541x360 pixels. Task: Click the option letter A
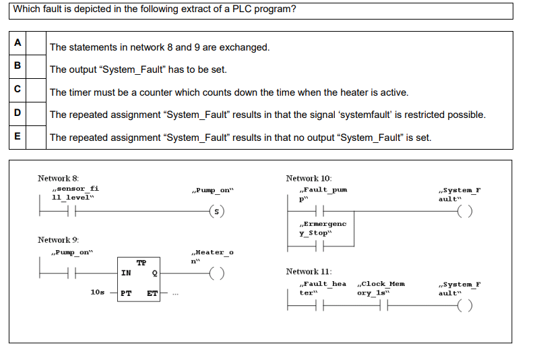tap(18, 42)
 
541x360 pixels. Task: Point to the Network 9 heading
tap(58, 239)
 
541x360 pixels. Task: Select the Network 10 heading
tap(309, 178)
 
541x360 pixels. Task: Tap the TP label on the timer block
tap(141, 263)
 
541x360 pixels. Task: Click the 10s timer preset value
tap(97, 293)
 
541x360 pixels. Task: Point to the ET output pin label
tap(152, 293)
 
